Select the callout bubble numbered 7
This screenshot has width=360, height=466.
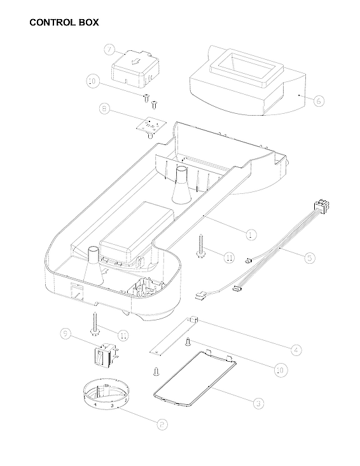pos(109,50)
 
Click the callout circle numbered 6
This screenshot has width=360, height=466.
pos(319,100)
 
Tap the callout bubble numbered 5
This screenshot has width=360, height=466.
pos(308,257)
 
